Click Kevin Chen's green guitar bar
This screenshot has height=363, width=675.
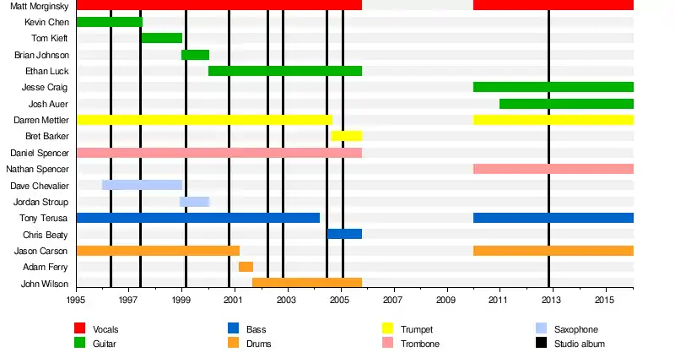109,22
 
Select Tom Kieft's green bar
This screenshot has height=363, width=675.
161,38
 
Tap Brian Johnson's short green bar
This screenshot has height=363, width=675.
195,55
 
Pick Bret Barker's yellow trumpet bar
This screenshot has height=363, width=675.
346,136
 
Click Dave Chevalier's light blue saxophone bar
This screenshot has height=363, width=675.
142,185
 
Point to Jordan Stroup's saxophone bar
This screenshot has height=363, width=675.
195,202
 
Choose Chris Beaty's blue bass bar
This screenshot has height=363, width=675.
344,234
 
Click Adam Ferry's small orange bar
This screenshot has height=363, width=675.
246,267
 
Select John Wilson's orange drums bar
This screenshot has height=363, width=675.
307,283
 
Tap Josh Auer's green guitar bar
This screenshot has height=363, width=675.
566,104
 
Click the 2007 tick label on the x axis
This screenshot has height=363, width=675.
392,300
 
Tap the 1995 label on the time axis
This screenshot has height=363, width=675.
76,300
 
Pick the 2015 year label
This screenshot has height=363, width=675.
604,300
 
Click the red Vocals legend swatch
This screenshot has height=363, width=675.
80,328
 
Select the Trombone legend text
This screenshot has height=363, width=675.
419,344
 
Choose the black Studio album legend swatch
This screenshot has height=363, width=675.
541,344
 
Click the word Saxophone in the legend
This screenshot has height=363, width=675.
576,329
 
